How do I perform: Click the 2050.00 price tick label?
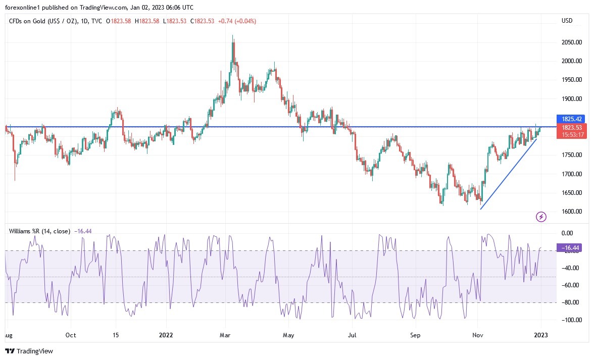tap(571, 42)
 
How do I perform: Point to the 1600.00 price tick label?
tap(571, 212)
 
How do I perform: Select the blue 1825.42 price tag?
tap(570, 119)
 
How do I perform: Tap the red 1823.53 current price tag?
tap(570, 128)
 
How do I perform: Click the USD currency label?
tap(567, 21)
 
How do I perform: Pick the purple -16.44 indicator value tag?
tap(570, 248)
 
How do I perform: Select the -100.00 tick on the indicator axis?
tap(570, 320)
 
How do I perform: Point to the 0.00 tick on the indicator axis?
tap(567, 233)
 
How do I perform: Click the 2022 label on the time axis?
tap(166, 335)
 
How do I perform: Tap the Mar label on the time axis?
tap(226, 335)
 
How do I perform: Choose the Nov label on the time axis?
tap(477, 335)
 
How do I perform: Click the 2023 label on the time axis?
tap(540, 335)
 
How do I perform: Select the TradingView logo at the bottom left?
tap(29, 351)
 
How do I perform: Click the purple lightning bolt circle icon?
tap(541, 217)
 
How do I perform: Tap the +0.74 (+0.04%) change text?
tap(236, 21)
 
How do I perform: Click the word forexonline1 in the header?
tap(24, 8)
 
